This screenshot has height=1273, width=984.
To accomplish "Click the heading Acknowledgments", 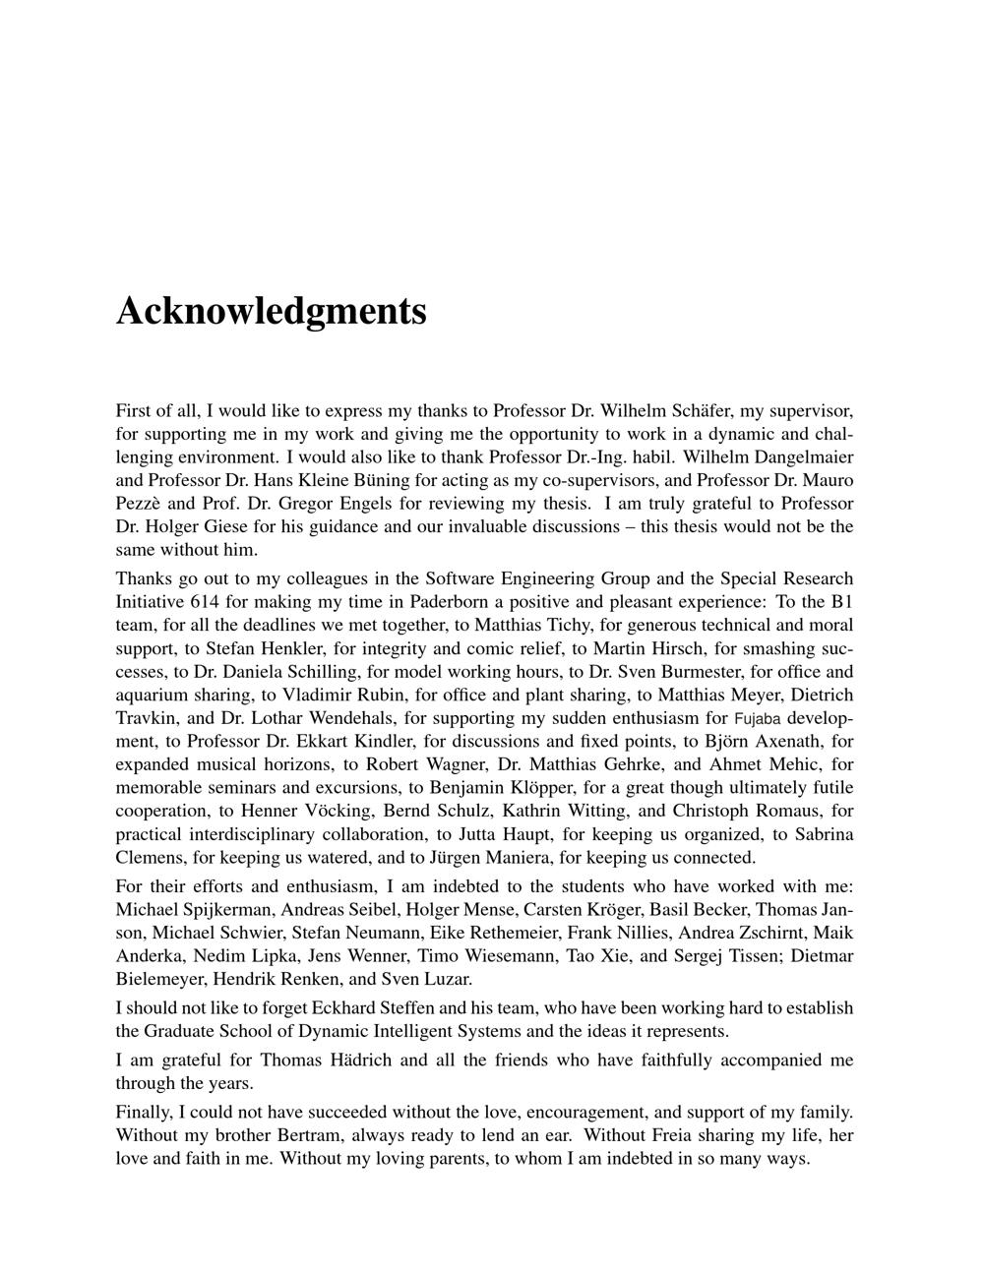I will (272, 311).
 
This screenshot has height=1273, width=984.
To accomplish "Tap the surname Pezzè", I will (139, 503).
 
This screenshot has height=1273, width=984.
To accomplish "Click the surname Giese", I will (226, 526).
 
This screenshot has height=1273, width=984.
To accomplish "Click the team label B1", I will (841, 601).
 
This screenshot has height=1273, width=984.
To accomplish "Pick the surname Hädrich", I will (353, 1060).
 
